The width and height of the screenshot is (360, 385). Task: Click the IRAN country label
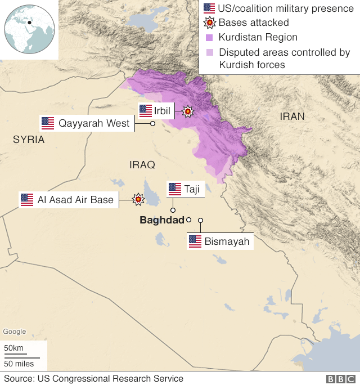pos(292,117)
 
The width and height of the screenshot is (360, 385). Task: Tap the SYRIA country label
pos(29,140)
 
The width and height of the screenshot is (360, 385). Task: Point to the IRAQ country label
pos(142,164)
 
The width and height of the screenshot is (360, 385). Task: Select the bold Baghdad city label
pos(162,220)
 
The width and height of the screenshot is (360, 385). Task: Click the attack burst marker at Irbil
pos(187,111)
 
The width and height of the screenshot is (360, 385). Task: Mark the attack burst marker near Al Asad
pos(138,199)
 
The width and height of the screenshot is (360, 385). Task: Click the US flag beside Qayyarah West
pos(48,123)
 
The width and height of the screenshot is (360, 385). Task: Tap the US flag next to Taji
pos(175,189)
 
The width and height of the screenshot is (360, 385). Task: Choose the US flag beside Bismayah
pos(195,241)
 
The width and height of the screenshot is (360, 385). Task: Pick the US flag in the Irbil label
pos(146,110)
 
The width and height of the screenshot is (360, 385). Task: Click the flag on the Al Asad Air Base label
pos(27,199)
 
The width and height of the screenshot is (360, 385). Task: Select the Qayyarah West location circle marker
pos(152,123)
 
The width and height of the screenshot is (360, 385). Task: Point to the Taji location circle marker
pos(173,210)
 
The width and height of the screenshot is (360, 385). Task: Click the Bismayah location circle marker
pos(200,220)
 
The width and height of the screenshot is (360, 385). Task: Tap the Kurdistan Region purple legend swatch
pos(209,37)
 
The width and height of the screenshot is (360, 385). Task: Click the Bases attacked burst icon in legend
pos(209,23)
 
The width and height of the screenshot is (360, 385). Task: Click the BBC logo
pos(340,379)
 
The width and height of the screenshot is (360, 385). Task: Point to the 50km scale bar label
pos(14,348)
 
